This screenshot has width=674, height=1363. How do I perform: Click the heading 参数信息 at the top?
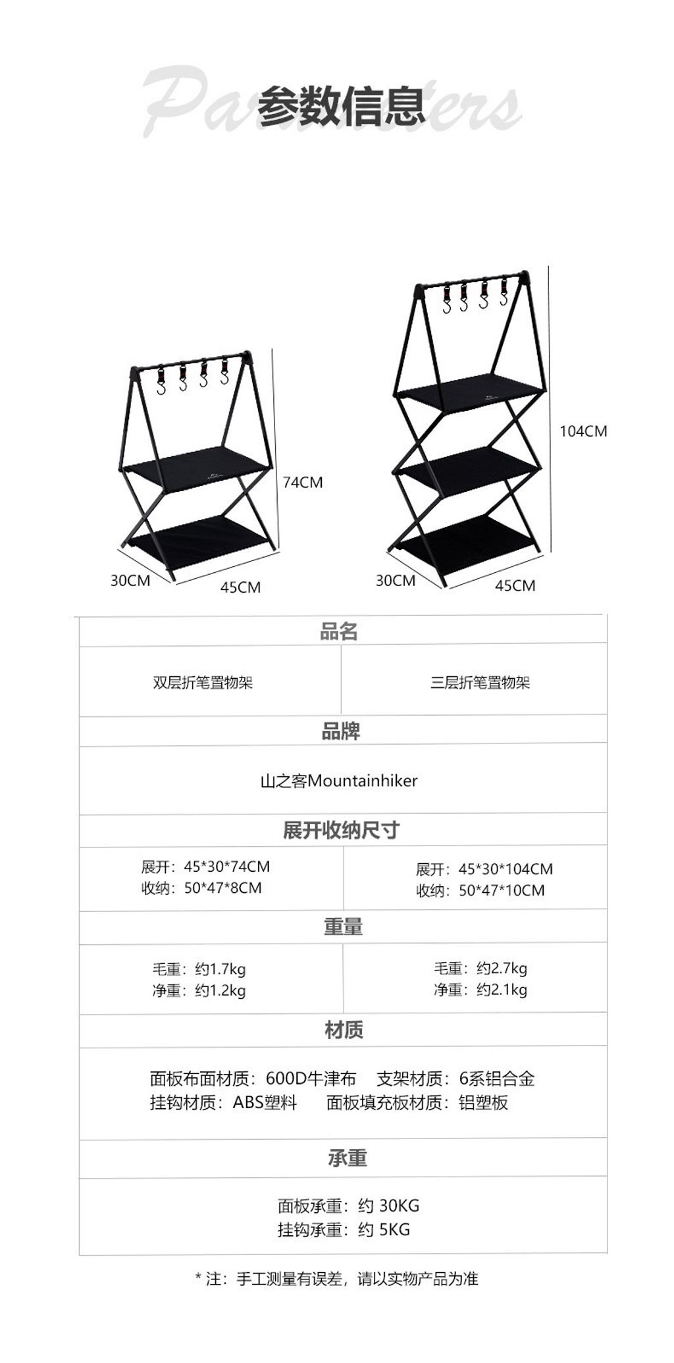coord(342,106)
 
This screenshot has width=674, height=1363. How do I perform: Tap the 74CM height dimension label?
coord(303,482)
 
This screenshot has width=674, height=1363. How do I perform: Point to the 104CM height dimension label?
coord(583,431)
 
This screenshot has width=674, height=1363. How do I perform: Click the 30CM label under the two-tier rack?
coord(130,580)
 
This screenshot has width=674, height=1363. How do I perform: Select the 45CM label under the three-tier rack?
coord(515,585)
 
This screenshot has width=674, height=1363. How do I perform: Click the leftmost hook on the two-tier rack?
coord(161,381)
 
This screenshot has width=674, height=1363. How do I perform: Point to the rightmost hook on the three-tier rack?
coord(504,293)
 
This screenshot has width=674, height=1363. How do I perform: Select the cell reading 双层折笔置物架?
coord(203,682)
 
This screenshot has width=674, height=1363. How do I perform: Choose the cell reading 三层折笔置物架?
coord(480,682)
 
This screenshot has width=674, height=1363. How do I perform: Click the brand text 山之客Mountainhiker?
coord(339,781)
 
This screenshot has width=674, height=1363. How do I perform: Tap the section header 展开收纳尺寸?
coord(341,830)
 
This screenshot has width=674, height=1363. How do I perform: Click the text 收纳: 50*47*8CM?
coord(201,888)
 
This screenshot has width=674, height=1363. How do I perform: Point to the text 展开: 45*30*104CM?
coord(484,869)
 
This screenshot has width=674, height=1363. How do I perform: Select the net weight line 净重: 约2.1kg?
coord(480,989)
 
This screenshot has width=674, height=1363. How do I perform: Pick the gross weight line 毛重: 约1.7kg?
coord(199,969)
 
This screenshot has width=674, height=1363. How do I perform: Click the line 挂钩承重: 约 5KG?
coord(344,1229)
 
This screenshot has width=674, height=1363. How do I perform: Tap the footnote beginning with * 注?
coord(337,1279)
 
